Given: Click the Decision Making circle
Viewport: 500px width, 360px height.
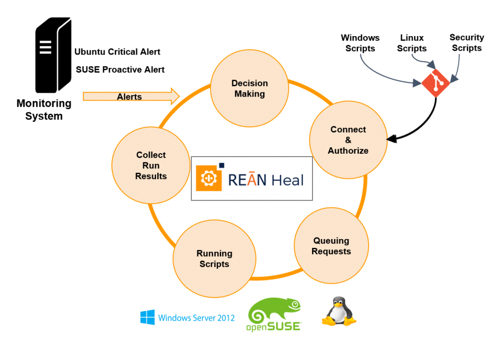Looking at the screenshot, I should [x=250, y=89].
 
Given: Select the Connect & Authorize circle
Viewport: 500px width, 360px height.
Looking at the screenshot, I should [x=348, y=140].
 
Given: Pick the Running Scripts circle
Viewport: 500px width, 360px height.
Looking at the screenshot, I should [x=214, y=259].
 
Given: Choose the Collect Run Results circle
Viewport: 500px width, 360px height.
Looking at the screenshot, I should [x=151, y=165].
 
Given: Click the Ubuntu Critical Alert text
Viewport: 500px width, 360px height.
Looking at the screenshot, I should [x=117, y=52].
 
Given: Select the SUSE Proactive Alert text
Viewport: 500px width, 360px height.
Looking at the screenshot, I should [x=120, y=70].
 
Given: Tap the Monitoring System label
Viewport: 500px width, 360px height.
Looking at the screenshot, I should [x=44, y=110].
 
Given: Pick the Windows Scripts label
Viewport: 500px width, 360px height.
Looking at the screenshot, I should [x=360, y=43].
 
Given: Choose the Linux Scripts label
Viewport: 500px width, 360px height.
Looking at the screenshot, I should [x=412, y=43].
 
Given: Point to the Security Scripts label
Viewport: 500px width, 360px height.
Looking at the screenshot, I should [x=467, y=42].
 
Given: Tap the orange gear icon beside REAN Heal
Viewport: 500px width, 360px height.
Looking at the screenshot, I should [x=207, y=179].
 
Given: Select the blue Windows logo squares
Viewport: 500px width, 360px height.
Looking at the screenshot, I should [x=147, y=318].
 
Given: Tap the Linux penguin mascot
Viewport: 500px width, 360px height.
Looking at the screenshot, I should [x=338, y=313].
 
